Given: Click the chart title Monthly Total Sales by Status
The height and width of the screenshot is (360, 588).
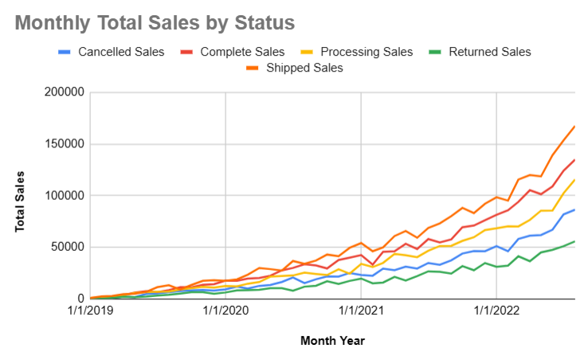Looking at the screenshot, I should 155,23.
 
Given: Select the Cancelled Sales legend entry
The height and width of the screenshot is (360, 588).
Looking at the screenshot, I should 120,52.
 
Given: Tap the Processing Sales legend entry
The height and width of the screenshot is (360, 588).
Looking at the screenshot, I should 367,52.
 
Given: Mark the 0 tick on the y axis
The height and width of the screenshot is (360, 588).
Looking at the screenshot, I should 80,298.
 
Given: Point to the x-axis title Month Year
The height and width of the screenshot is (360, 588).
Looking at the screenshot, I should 332,341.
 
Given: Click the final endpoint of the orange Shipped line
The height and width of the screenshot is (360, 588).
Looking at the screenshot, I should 574,126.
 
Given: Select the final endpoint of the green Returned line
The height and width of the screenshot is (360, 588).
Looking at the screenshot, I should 574,241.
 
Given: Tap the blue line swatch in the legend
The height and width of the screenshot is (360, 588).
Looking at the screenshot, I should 65,52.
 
